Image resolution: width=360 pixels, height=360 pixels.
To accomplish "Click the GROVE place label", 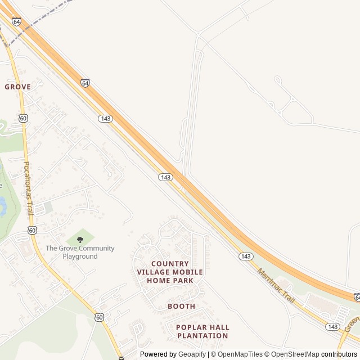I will tap(17, 87).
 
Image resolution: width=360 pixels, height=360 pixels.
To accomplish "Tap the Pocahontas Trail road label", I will tap(28, 185).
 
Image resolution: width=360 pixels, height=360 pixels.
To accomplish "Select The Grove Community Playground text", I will tap(80, 252).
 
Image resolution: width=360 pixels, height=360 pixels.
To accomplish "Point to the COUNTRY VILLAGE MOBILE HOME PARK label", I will tap(170, 272).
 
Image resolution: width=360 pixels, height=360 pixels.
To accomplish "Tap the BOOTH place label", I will tap(181, 307).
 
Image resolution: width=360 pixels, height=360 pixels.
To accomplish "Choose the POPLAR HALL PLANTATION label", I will tap(202, 331).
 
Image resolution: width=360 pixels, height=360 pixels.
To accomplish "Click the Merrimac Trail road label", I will tap(276, 286).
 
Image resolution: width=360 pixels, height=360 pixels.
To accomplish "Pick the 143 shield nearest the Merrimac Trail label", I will tap(245, 256).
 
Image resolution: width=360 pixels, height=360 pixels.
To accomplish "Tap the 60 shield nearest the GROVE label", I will tap(23, 118).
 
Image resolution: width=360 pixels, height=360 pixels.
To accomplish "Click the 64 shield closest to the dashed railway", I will tap(16, 21).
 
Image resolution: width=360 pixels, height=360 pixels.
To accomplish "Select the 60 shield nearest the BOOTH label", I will tap(100, 317).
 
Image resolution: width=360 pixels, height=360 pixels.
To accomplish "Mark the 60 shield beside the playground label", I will tap(33, 230).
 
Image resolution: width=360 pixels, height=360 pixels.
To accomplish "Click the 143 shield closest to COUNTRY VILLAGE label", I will tap(165, 177).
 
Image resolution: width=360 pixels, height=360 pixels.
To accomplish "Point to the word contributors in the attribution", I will tap(339, 354).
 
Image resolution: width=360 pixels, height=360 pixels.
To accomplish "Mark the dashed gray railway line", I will tap(39, 20).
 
